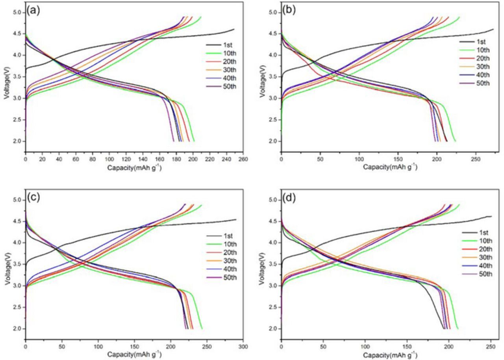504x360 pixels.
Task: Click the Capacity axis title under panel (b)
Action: pos(390,167)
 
